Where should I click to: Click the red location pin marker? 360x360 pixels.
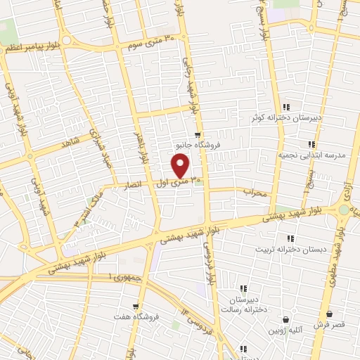tap(181, 167)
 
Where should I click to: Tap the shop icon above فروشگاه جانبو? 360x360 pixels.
tap(199, 135)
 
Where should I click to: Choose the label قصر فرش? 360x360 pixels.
tap(328, 325)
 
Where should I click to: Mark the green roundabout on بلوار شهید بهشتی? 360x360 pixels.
tap(344, 210)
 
